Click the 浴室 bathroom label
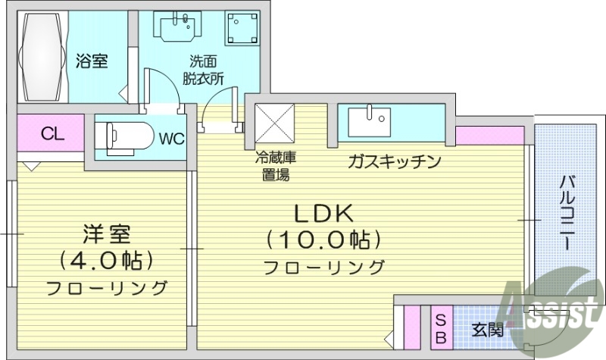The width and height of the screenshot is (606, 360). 91,61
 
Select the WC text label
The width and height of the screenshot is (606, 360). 171,139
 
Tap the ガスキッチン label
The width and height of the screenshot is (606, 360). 394,161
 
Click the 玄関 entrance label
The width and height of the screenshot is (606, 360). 486,330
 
